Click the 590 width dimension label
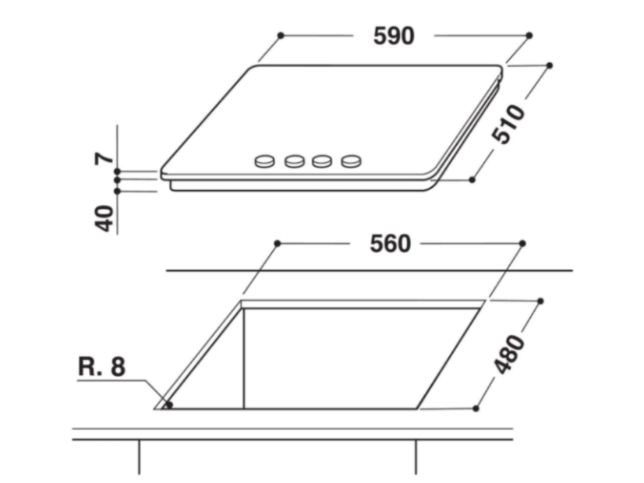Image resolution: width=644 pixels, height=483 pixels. [394, 36]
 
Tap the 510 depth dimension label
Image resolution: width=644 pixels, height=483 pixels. [508, 125]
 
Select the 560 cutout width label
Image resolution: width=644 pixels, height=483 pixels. [390, 244]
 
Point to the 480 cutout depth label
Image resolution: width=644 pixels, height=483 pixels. [509, 354]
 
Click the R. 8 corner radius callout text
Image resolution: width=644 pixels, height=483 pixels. [101, 366]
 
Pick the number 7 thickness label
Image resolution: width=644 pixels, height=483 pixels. [104, 158]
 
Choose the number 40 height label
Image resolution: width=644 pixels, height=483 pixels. [104, 218]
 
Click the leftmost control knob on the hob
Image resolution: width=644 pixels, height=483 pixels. [264, 161]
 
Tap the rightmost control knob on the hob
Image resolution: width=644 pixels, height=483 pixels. [351, 161]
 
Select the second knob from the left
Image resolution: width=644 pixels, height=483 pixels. [295, 162]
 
